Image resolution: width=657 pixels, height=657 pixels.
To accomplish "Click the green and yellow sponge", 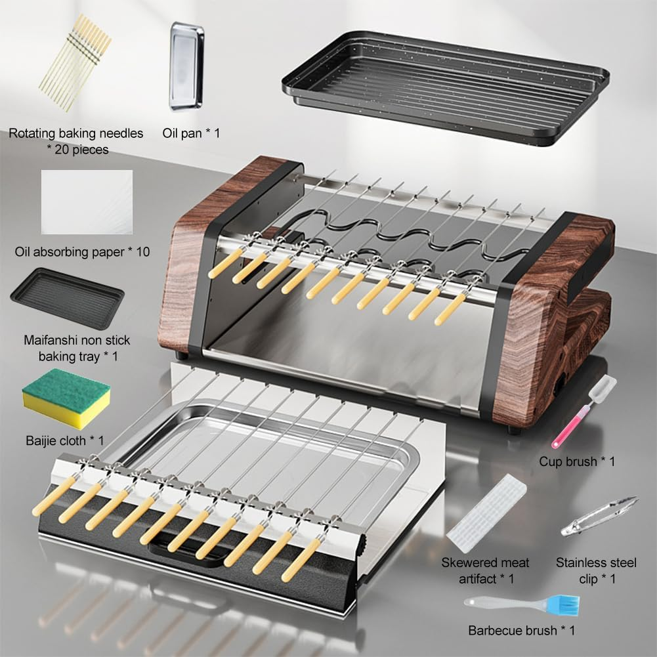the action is [x=66, y=398].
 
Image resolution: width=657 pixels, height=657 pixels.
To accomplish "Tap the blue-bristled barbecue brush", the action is [x=522, y=604].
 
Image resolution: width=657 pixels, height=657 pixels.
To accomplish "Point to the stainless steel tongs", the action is [x=600, y=516].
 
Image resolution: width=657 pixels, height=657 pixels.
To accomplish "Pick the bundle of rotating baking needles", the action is [x=75, y=63].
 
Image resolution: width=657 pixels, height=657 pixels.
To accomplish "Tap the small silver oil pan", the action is [x=186, y=66].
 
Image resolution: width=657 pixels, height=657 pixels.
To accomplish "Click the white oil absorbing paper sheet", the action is [x=87, y=201].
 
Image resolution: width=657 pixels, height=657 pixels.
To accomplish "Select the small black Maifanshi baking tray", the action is [x=67, y=298].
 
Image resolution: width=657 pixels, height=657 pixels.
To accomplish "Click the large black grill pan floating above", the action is [x=446, y=87].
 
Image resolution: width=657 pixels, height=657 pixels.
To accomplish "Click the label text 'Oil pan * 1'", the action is [x=191, y=133].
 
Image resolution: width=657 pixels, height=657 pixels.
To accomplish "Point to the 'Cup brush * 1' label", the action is [x=577, y=461].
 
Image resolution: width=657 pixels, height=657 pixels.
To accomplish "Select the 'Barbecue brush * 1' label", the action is [x=522, y=630].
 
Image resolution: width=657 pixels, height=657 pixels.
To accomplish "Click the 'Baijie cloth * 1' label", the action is [x=64, y=440].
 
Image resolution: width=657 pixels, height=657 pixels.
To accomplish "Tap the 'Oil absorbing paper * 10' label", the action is [x=82, y=252].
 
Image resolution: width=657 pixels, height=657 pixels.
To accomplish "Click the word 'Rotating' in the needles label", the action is [x=32, y=133].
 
